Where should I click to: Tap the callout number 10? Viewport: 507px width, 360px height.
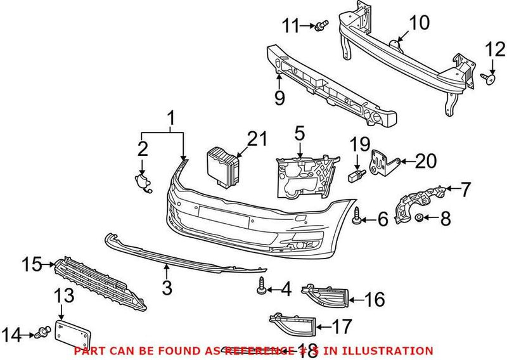click(x=418, y=23)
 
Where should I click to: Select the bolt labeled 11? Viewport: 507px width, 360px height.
click(x=323, y=26)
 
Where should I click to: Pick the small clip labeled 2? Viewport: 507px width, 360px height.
click(x=143, y=181)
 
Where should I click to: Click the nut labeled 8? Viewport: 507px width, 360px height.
click(x=419, y=219)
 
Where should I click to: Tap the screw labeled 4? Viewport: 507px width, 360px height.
click(x=261, y=288)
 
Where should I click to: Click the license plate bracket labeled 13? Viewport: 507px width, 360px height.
click(x=74, y=334)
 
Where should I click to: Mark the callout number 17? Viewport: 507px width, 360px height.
click(x=342, y=327)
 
